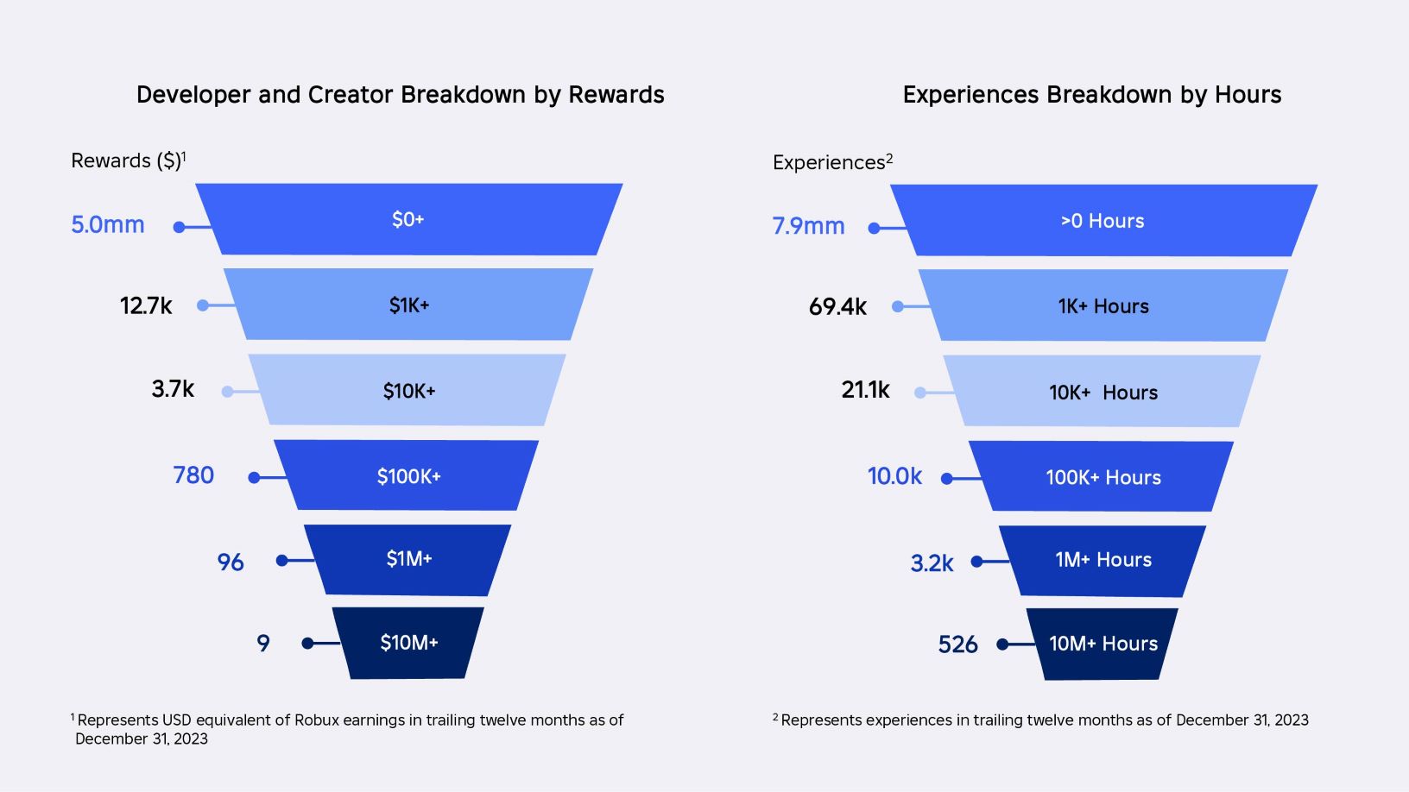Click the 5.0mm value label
click(x=108, y=225)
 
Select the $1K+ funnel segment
click(x=408, y=305)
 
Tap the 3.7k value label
click(x=173, y=389)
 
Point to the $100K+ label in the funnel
click(x=408, y=476)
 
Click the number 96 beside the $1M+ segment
click(x=231, y=563)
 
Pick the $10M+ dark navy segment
click(x=408, y=643)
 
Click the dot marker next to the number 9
click(x=307, y=643)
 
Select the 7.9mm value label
click(x=808, y=226)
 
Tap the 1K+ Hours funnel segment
click(x=1103, y=306)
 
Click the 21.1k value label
click(x=865, y=390)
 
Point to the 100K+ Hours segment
click(x=1103, y=477)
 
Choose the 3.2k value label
click(x=932, y=563)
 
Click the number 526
click(x=957, y=644)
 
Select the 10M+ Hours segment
click(x=1103, y=644)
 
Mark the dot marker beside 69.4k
click(x=898, y=306)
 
